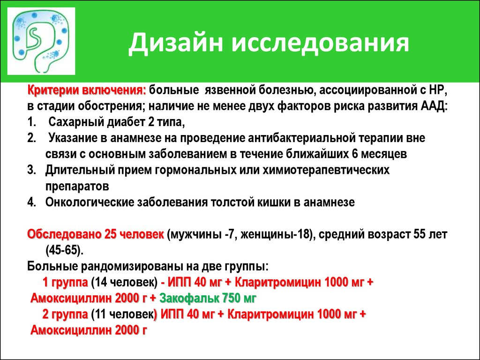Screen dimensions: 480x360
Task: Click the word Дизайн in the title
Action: pos(175,43)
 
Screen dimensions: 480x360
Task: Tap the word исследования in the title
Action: pos(320,43)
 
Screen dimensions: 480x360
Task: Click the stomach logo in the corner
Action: pos(41,41)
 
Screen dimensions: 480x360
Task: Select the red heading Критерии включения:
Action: pos(87,90)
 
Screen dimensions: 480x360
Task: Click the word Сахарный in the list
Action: pos(76,122)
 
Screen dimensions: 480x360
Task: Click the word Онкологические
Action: pos(90,202)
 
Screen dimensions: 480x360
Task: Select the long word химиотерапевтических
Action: pos(326,170)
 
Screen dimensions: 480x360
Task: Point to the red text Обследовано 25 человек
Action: pos(96,234)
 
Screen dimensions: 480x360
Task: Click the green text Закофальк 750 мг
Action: pos(208,298)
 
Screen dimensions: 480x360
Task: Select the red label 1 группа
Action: pos(65,282)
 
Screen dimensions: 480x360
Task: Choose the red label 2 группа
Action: pos(65,315)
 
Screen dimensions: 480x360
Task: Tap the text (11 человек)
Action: pos(122,315)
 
